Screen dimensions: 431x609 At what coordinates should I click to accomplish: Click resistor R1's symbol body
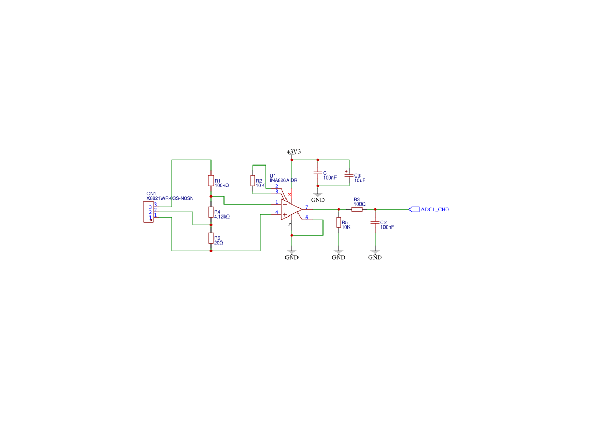[210, 181]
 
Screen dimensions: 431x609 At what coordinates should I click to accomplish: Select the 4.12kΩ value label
[222, 216]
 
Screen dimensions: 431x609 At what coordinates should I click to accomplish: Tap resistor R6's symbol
[210, 238]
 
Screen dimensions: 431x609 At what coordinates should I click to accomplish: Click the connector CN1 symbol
[148, 212]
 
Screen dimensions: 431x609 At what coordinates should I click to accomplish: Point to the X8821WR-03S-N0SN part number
[170, 198]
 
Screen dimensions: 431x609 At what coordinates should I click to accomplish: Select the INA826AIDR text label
[283, 180]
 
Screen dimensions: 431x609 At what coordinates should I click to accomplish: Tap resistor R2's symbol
[253, 181]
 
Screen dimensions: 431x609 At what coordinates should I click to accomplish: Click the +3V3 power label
[293, 151]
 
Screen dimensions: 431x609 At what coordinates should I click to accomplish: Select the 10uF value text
[359, 180]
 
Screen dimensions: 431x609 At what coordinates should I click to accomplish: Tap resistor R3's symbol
[357, 209]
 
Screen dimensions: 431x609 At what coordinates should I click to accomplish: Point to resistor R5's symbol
[339, 223]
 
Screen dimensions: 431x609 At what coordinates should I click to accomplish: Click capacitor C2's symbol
[375, 222]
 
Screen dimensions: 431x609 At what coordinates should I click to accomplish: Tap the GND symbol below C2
[375, 255]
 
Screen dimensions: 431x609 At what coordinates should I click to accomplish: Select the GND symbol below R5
[339, 255]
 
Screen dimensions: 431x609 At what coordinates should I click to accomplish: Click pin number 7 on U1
[307, 207]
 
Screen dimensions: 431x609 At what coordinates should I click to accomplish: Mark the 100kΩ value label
[222, 185]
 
